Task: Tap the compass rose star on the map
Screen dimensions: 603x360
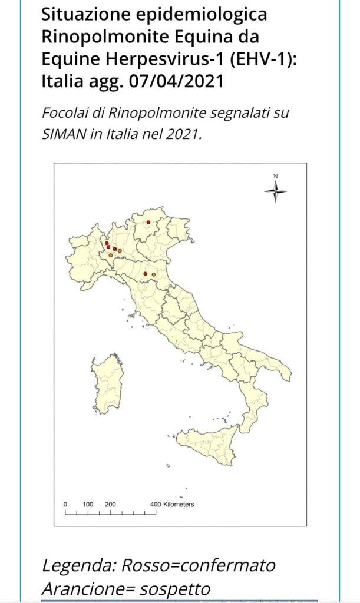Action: pyautogui.click(x=275, y=191)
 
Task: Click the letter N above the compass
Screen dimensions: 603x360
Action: pyautogui.click(x=275, y=177)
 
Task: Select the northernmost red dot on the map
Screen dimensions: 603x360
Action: pyautogui.click(x=148, y=222)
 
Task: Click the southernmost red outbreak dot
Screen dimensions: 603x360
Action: pyautogui.click(x=145, y=274)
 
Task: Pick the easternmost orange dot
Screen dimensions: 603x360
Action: pyautogui.click(x=154, y=275)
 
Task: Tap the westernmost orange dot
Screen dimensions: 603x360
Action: pyautogui.click(x=110, y=255)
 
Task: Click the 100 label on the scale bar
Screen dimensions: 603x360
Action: pyautogui.click(x=88, y=505)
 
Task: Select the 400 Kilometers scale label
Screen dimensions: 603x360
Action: pyautogui.click(x=171, y=505)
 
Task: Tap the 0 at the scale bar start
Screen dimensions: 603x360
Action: pyautogui.click(x=65, y=505)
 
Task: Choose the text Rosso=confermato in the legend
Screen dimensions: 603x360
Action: pyautogui.click(x=198, y=566)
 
